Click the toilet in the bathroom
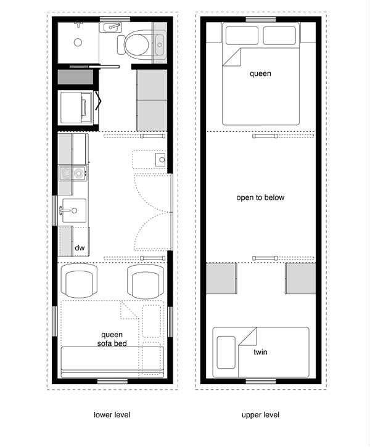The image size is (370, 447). [136, 44]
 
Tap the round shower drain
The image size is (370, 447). [78, 43]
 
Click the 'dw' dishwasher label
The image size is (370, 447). [80, 248]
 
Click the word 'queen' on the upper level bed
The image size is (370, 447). [260, 74]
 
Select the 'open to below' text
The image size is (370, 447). [260, 198]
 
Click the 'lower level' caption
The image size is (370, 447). [112, 415]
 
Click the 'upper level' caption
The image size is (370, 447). [260, 415]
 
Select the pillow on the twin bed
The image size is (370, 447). [226, 353]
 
